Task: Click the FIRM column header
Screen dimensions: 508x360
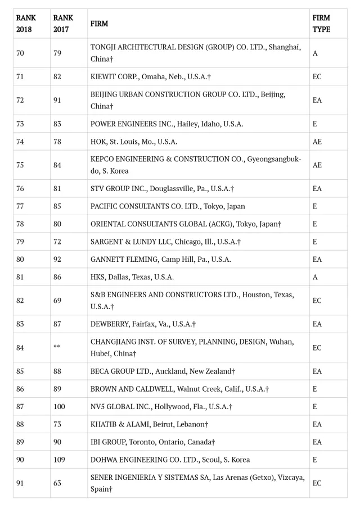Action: tap(99, 24)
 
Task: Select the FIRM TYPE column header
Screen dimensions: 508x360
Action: tap(321, 24)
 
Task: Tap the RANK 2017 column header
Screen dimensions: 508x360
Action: tap(63, 24)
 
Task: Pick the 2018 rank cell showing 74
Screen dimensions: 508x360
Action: tap(21, 142)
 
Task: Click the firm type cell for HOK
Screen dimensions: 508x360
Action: tap(317, 142)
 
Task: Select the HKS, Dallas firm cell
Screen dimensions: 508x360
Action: tap(132, 277)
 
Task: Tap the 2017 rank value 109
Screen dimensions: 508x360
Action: tap(59, 460)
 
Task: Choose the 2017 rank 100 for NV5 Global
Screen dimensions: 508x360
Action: tap(59, 407)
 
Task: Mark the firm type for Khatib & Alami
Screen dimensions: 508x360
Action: tap(317, 424)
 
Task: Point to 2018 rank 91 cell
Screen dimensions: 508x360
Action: tap(21, 483)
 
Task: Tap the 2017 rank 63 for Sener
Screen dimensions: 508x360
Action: tap(57, 483)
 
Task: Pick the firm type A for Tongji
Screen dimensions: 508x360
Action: tap(315, 53)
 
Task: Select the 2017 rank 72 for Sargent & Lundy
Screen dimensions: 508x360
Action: tap(57, 242)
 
